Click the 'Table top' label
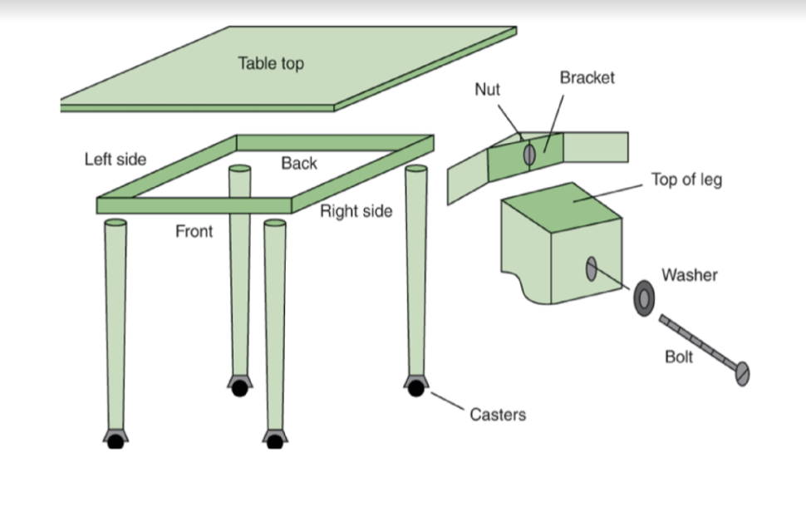271,63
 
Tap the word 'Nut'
487,90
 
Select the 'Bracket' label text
587,77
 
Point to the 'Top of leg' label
686,180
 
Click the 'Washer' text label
689,274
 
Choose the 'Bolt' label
678,357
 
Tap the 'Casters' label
498,414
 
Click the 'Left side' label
115,160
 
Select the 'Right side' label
356,211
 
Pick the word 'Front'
194,232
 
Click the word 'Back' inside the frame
298,164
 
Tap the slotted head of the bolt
742,374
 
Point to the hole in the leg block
591,268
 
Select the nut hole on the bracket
529,155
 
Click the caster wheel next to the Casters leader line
415,386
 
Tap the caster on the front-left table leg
115,439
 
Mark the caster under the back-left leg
239,386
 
